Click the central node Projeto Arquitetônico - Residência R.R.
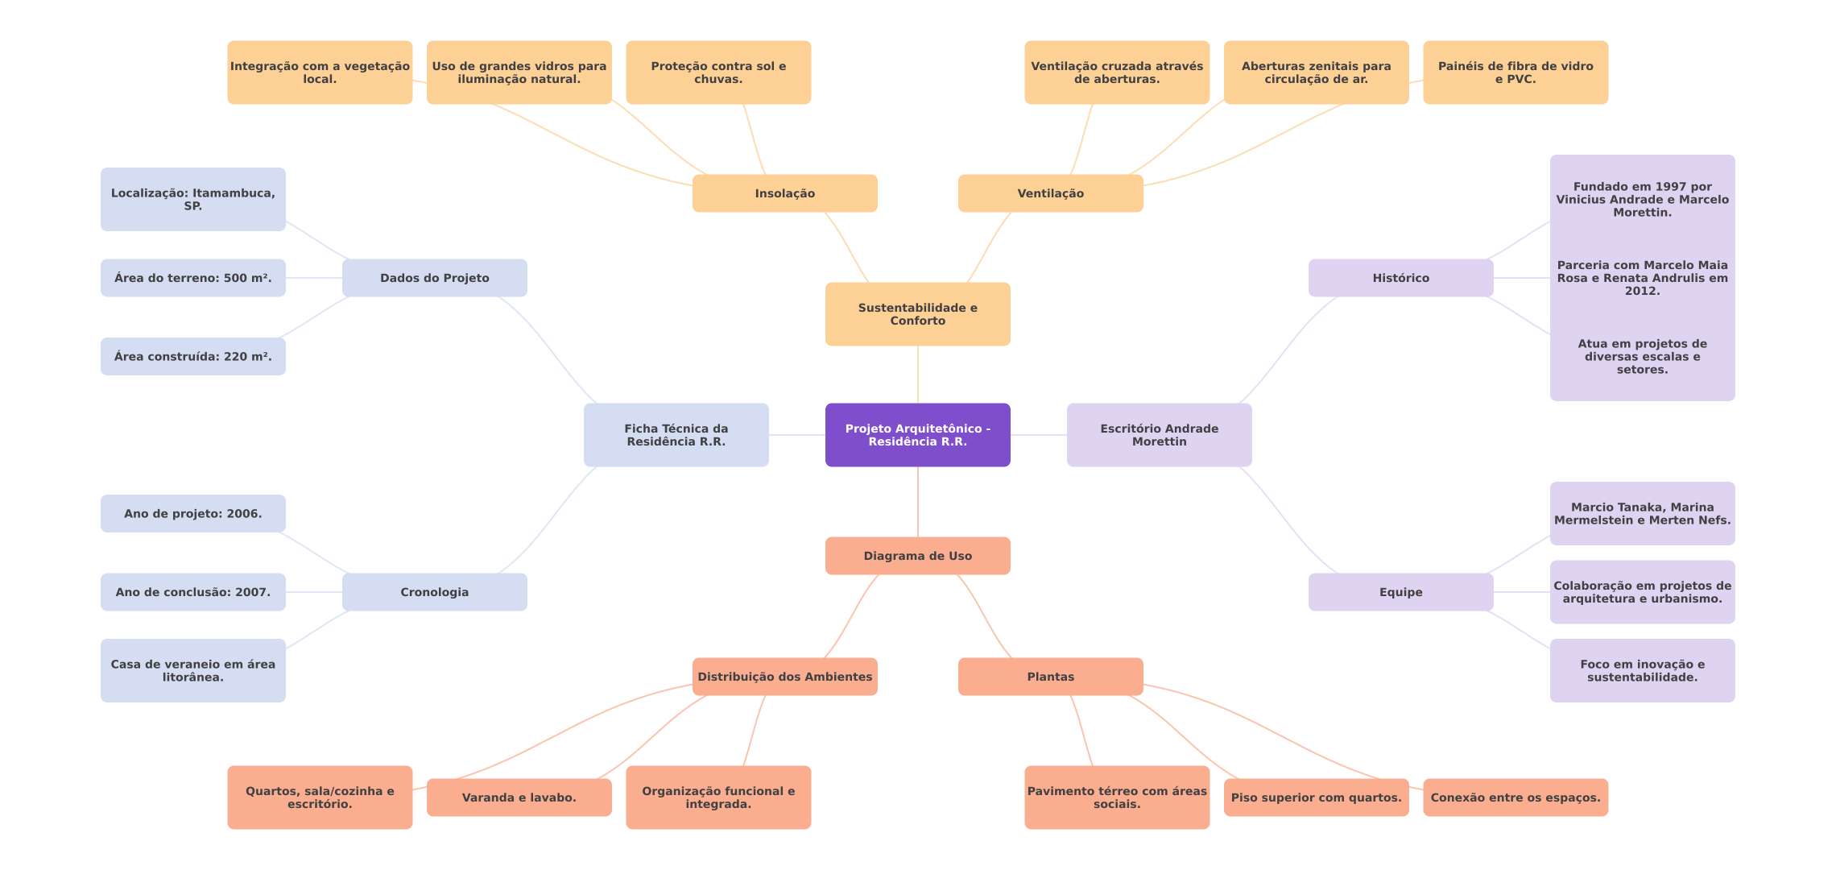pos(917,435)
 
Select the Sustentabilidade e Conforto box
pos(917,314)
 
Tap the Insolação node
pos(784,193)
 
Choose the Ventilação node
pos(1050,193)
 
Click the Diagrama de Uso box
pos(917,556)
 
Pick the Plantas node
pos(1050,677)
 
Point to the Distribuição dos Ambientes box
pos(784,677)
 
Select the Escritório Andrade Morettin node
pos(1159,435)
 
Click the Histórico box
pos(1400,278)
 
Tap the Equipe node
pos(1400,592)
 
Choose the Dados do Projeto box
pos(434,278)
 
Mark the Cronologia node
pos(434,592)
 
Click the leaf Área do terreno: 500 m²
pos(192,278)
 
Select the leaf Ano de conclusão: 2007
pos(192,592)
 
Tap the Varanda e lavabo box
pos(519,797)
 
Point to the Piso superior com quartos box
pos(1316,797)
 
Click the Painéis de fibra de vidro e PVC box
pos(1515,72)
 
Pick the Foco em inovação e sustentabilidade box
pos(1642,670)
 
